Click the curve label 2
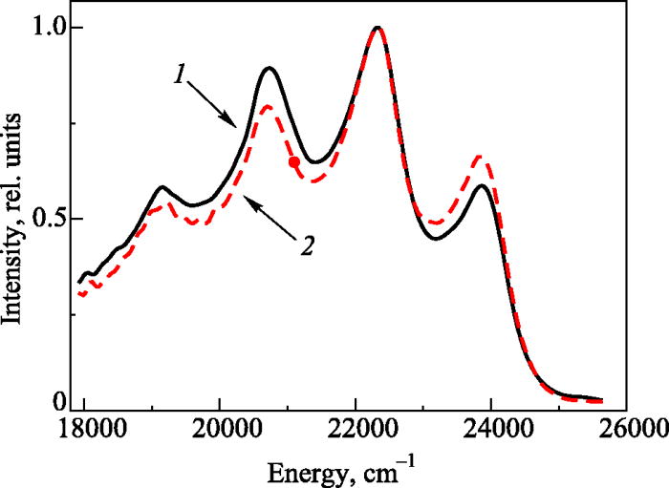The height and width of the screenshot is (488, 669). (x=307, y=248)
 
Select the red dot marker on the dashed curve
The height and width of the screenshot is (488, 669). (x=294, y=162)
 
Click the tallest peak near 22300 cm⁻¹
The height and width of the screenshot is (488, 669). (x=378, y=28)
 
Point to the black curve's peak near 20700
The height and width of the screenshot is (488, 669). (x=270, y=68)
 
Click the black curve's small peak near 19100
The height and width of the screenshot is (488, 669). (x=162, y=187)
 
